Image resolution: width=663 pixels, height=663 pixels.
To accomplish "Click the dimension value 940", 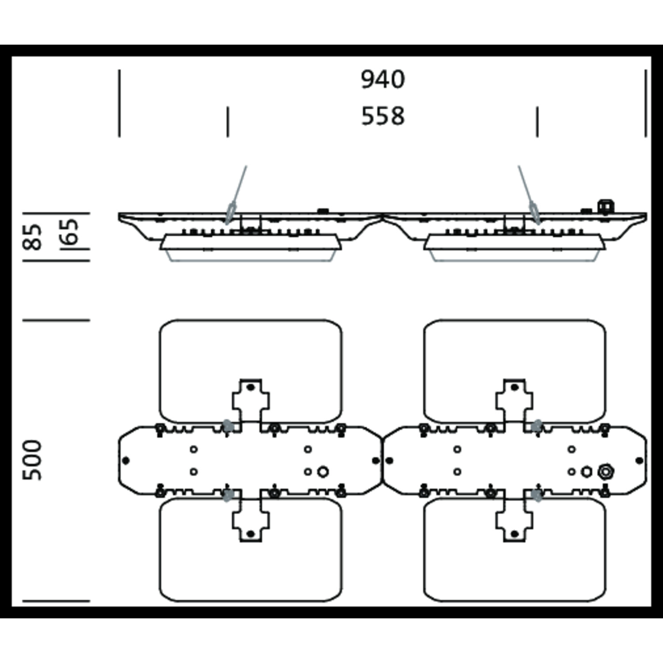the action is pyautogui.click(x=383, y=80).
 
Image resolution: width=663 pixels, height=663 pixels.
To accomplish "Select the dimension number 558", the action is pyautogui.click(x=383, y=116).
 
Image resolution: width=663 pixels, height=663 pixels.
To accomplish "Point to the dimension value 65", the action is pyautogui.click(x=70, y=232).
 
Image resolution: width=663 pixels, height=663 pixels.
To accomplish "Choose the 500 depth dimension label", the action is pyautogui.click(x=33, y=460).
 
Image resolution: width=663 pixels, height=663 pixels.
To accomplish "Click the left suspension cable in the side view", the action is pyautogui.click(x=237, y=195).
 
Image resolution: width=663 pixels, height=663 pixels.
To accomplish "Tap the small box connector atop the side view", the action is pyautogui.click(x=606, y=206).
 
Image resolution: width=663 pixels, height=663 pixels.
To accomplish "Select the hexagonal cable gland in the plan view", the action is pyautogui.click(x=605, y=472).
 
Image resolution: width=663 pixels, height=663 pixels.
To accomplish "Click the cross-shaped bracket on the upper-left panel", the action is pyautogui.click(x=251, y=400).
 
